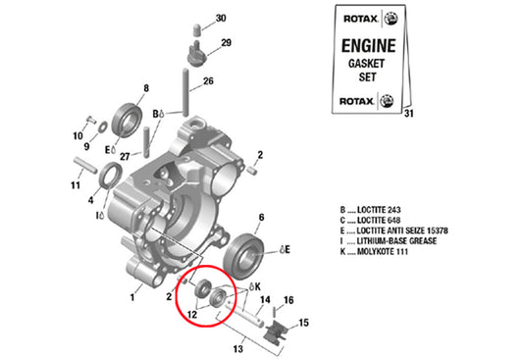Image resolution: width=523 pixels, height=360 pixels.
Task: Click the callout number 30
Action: [220, 19]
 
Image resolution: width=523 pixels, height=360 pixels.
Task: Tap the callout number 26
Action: [208, 81]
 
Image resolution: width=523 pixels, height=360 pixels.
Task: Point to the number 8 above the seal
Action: [146, 89]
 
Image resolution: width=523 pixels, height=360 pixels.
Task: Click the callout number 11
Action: [76, 184]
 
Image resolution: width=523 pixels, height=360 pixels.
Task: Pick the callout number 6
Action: [261, 218]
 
